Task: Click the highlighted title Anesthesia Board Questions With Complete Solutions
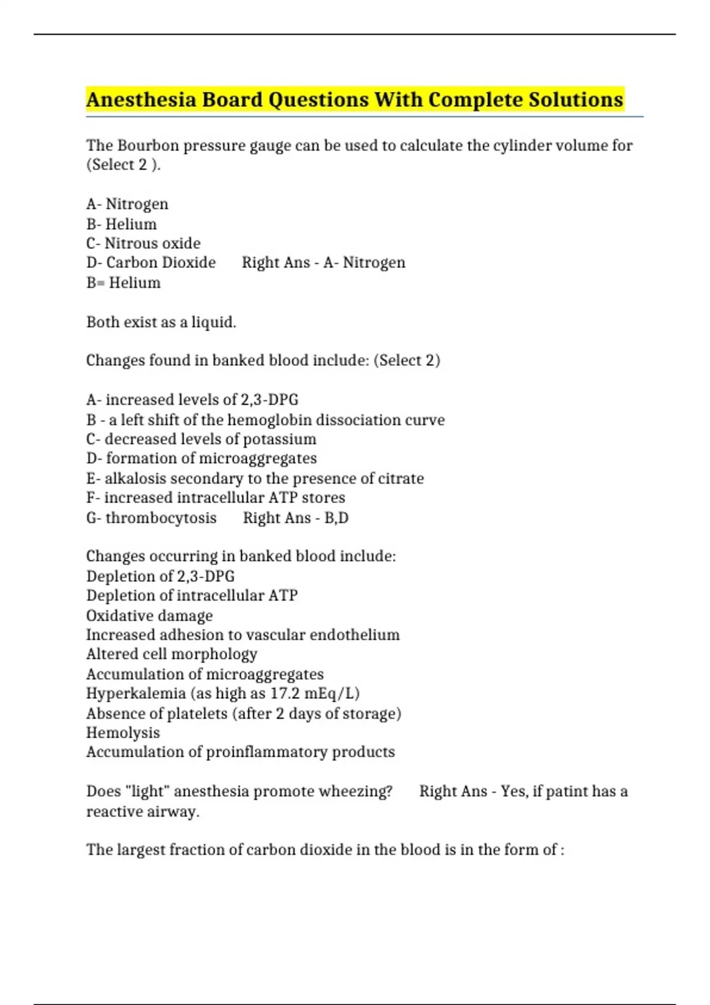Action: (354, 99)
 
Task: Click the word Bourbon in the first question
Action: (148, 145)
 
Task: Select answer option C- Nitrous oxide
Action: (143, 243)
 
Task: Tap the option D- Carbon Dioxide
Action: (151, 262)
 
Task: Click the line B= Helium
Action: (123, 283)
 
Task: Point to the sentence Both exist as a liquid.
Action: (161, 322)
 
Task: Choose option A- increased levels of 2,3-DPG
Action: (192, 400)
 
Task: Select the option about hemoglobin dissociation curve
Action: (265, 420)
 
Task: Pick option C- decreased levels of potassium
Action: (201, 439)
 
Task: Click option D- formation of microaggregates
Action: (201, 458)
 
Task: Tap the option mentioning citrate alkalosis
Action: (255, 478)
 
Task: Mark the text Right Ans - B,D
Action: (295, 518)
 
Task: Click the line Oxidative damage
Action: (149, 615)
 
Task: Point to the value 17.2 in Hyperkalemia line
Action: (285, 693)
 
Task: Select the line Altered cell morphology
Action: (172, 654)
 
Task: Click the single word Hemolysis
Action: (123, 732)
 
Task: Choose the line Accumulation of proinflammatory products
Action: (240, 752)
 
